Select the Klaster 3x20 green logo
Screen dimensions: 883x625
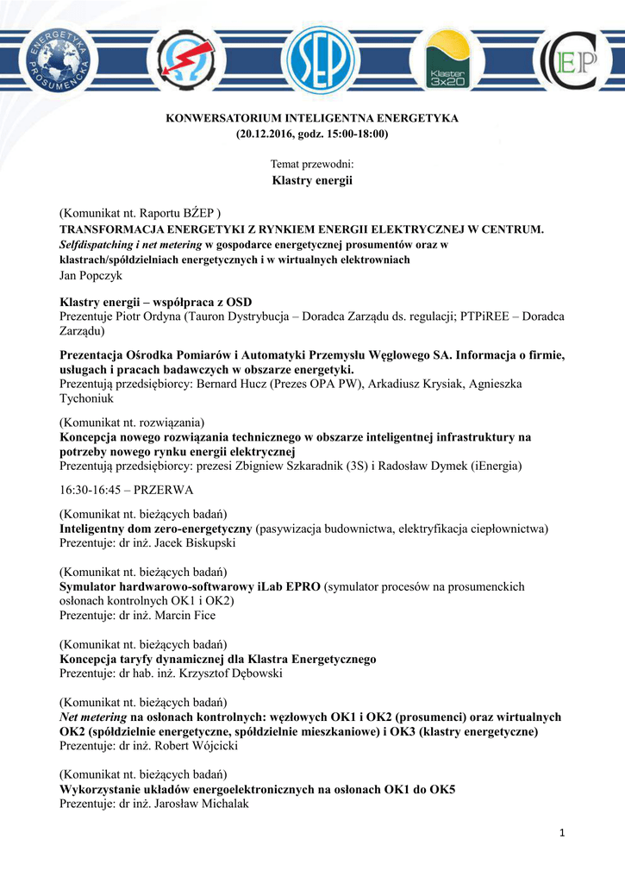tap(447, 60)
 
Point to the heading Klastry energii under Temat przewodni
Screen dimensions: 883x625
tap(312, 180)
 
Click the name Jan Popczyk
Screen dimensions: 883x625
tap(91, 275)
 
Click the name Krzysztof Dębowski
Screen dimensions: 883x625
tap(233, 673)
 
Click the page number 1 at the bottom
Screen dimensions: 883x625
tap(561, 832)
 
